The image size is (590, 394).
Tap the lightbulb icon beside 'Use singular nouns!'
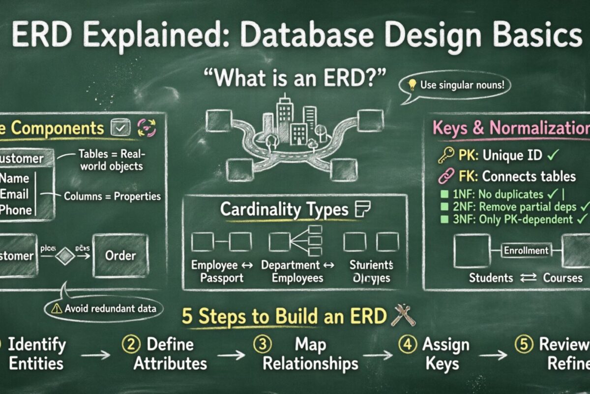click(x=413, y=85)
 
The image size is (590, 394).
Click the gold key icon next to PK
click(x=445, y=156)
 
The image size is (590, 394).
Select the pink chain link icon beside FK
click(x=445, y=176)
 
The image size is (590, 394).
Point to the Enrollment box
click(x=526, y=251)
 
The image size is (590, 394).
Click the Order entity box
click(x=120, y=255)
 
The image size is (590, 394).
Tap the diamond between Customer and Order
click(x=65, y=256)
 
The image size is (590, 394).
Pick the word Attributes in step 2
click(x=170, y=363)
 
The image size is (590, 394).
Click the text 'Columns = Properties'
click(x=113, y=196)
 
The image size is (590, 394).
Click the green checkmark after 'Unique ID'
click(x=553, y=156)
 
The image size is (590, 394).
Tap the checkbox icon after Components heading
click(x=121, y=129)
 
